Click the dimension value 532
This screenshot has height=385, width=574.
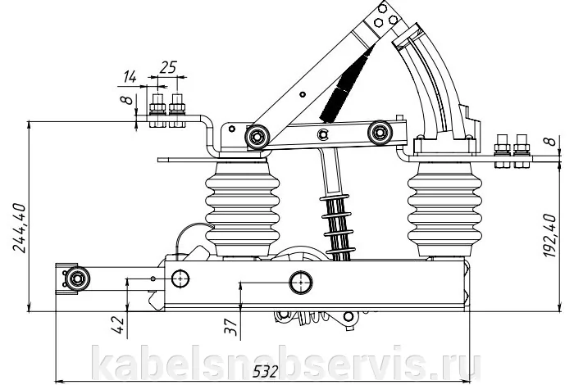265,371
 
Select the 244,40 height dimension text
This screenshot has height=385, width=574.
20,228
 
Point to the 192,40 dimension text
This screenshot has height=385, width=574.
549,236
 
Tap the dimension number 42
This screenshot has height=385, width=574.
118,325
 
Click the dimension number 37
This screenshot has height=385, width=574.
231,327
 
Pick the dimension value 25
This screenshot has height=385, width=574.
168,68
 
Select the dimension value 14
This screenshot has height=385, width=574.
130,77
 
